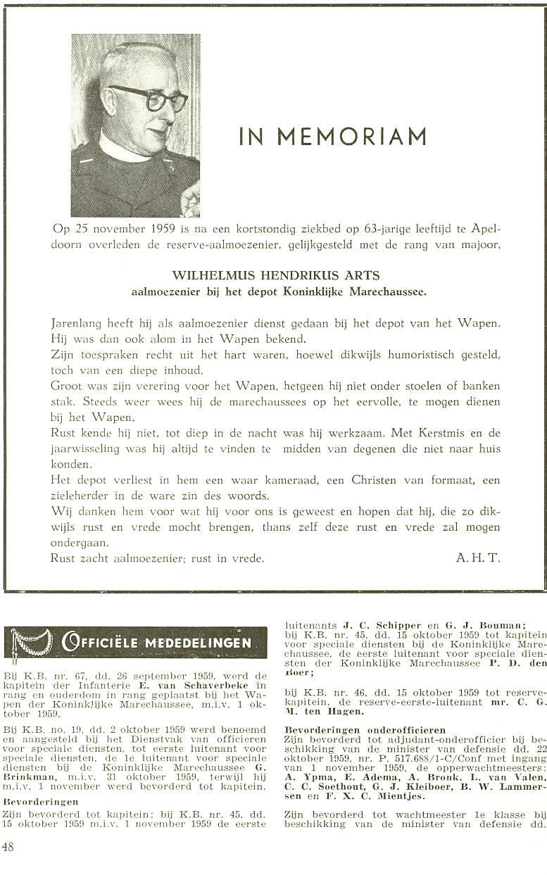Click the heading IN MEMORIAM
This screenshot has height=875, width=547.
pyautogui.click(x=333, y=136)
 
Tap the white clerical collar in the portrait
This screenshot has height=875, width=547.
pyautogui.click(x=120, y=149)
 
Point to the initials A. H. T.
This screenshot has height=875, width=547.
pyautogui.click(x=477, y=558)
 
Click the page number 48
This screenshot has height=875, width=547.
pyautogui.click(x=8, y=848)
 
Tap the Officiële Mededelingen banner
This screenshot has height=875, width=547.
pyautogui.click(x=136, y=642)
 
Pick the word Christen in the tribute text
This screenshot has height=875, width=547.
pyautogui.click(x=375, y=480)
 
